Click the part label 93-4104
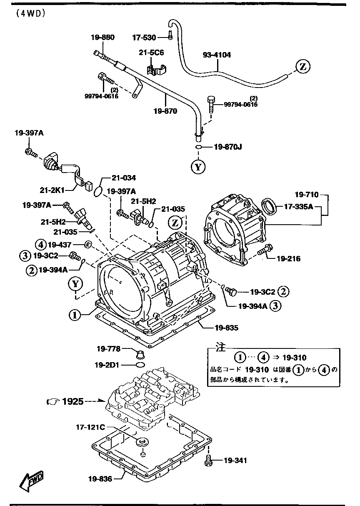217,55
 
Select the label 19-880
103,37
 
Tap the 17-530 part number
144,38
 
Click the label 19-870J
227,147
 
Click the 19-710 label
307,195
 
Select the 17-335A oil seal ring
269,206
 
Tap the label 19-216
289,259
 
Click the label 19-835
227,328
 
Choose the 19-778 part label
108,349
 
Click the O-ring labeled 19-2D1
140,365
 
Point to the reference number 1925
73,401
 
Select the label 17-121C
90,427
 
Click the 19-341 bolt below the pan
208,461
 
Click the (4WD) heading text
30,14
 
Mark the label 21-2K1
52,190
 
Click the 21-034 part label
124,178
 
